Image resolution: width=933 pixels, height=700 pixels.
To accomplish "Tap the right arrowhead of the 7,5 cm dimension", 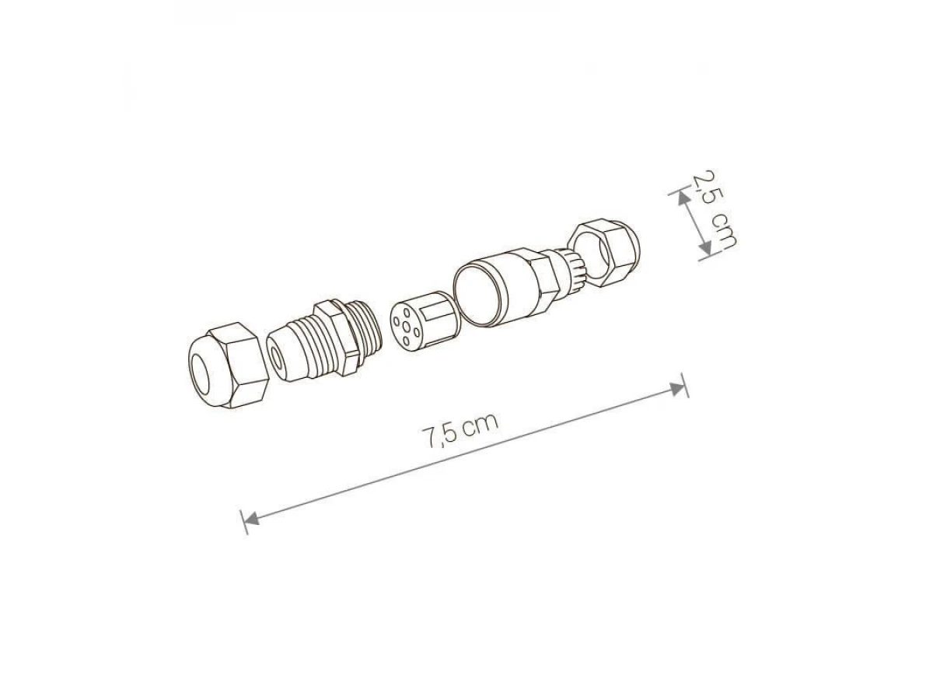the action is [x=676, y=389].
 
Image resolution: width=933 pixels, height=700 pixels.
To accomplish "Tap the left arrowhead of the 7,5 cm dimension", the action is [x=251, y=518].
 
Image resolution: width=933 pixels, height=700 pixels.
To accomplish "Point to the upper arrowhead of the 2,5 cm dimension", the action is [x=683, y=198].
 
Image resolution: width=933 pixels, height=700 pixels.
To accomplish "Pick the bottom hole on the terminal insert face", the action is [x=407, y=341].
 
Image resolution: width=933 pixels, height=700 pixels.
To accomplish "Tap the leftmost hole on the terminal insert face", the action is [x=397, y=322].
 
